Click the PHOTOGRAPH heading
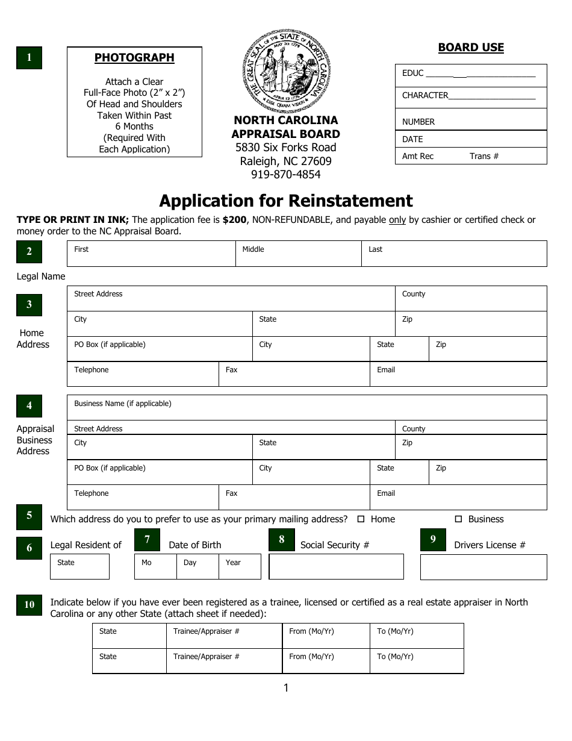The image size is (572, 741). point(134,58)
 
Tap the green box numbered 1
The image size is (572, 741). point(29,58)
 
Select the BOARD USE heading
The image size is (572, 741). point(471,48)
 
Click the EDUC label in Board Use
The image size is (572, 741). point(413,73)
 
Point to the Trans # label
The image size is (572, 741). point(484,156)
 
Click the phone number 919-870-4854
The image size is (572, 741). point(286,175)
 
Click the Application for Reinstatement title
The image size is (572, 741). point(286,201)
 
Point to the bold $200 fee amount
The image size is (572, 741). point(234,220)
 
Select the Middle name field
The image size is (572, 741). point(298,254)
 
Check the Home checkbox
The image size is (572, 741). point(361,519)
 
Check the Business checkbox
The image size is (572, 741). point(458,519)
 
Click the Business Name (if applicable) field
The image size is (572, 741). point(307,407)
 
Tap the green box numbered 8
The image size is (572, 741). point(281,539)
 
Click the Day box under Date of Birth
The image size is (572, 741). point(197,567)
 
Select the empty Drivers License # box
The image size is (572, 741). point(483,567)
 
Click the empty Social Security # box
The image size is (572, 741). point(336,567)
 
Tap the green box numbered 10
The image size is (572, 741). point(29,604)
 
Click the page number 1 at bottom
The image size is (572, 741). point(286,688)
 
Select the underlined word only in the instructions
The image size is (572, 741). point(397,220)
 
